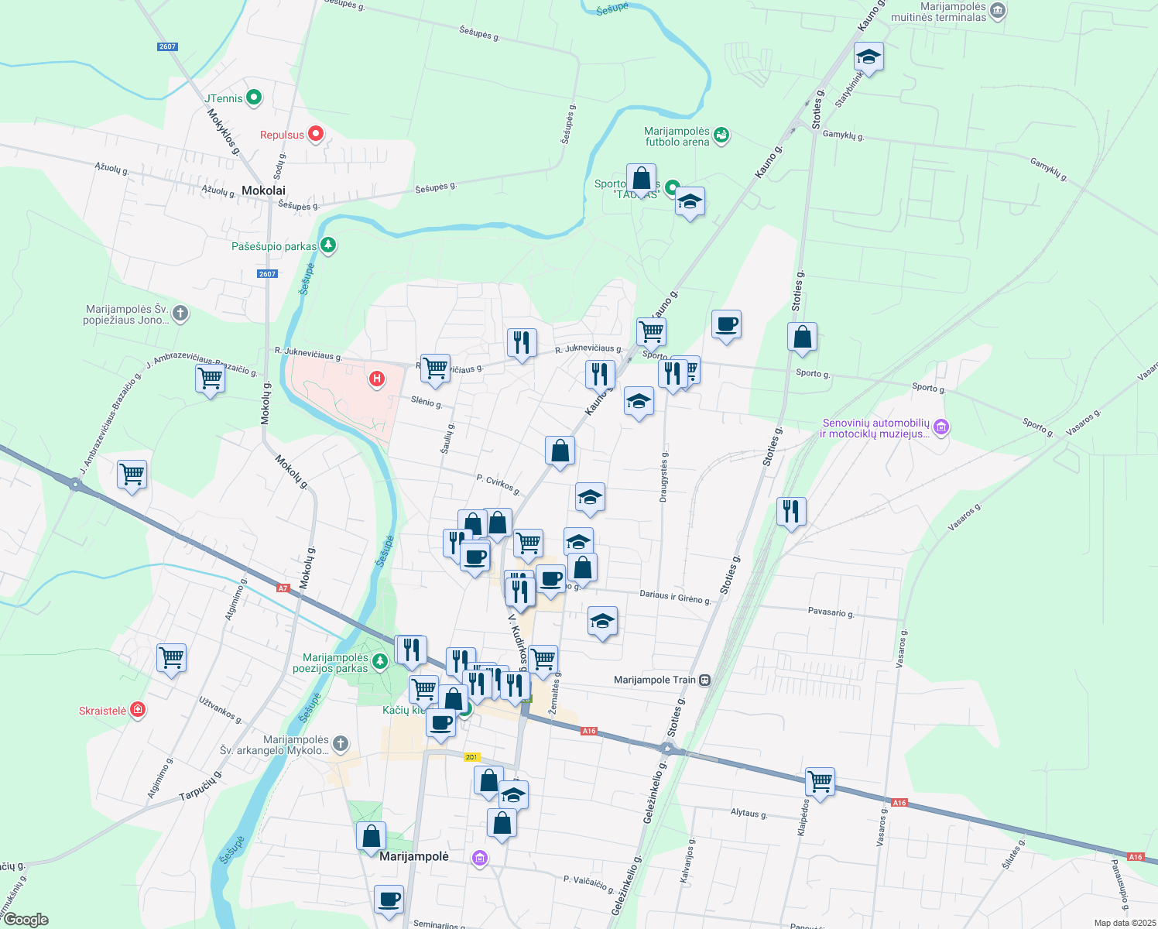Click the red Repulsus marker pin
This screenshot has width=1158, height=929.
[315, 134]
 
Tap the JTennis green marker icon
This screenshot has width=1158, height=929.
[253, 98]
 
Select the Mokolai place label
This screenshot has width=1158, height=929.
[263, 190]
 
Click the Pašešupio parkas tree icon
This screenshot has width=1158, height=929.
[329, 245]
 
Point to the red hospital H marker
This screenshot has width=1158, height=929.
[376, 379]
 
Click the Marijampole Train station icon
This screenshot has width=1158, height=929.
[704, 680]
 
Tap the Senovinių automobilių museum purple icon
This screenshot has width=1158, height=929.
[941, 427]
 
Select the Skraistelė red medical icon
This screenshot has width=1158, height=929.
[137, 709]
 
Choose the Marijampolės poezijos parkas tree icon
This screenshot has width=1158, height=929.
[379, 660]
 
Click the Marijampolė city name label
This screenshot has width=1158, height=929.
[414, 856]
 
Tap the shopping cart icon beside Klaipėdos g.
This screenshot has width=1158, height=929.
[819, 781]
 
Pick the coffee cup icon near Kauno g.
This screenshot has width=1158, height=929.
[725, 324]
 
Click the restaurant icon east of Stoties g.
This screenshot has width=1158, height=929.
[790, 512]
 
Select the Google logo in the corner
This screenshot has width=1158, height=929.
[26, 920]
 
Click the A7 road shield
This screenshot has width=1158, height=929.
[283, 588]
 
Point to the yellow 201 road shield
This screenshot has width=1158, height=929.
[472, 756]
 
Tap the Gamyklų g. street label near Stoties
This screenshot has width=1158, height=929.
[843, 135]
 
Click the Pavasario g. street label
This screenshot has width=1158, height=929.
[831, 612]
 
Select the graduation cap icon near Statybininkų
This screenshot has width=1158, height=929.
[868, 57]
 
